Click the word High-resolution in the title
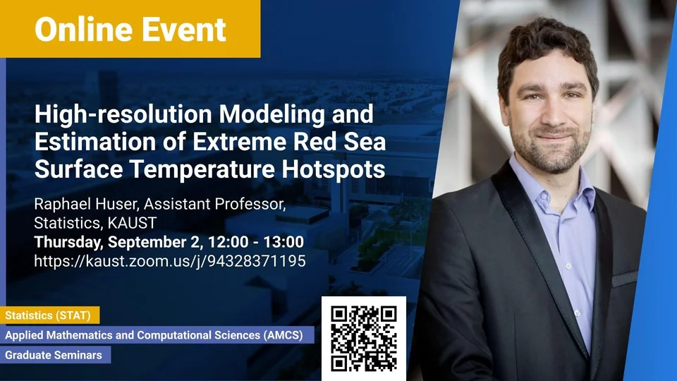click(123, 114)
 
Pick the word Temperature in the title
click(202, 169)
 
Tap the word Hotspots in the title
click(334, 169)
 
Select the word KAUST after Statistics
click(132, 223)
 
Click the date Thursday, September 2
click(118, 242)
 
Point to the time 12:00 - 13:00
click(256, 242)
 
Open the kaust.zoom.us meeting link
click(170, 261)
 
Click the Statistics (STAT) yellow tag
click(49, 315)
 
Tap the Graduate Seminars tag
click(55, 355)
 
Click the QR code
click(364, 338)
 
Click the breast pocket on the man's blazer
click(625, 279)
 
